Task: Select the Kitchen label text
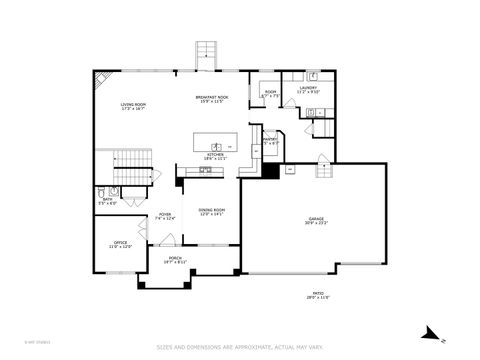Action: tap(215, 157)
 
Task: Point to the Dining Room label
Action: tap(211, 212)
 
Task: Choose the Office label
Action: tap(119, 245)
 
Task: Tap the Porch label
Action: tap(175, 259)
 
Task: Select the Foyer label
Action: tap(164, 216)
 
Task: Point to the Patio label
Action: tap(317, 296)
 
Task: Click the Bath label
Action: tap(107, 201)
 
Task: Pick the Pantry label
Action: tap(270, 141)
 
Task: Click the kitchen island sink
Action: tap(216, 146)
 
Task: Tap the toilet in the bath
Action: tap(114, 190)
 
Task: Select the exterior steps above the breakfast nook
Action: tap(205, 51)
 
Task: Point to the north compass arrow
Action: tap(428, 331)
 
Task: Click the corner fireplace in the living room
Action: tap(99, 76)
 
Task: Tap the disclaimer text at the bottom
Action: tap(240, 348)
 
